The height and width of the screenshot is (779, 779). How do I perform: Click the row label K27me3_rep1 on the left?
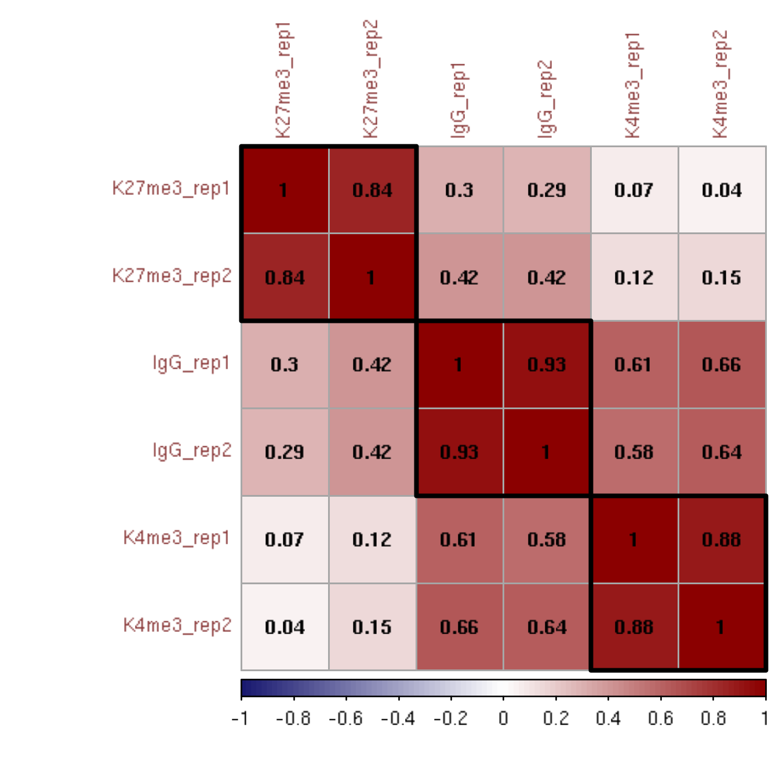pos(171,189)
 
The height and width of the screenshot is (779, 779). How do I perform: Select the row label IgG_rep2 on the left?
pos(192,451)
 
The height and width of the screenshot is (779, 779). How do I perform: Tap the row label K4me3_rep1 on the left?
pos(177,538)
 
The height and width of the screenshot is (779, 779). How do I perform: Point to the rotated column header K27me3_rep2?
pos(370,80)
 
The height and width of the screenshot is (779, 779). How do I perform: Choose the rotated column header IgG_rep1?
pos(458,101)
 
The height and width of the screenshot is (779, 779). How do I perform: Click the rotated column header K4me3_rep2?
pos(720,85)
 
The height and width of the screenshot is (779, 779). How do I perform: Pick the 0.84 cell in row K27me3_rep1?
pos(372,190)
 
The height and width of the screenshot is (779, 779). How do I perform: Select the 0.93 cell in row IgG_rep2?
pos(459,452)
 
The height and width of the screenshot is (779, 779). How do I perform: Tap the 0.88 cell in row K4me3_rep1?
pos(721,540)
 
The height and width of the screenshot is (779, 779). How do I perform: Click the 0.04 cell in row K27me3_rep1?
pos(721,190)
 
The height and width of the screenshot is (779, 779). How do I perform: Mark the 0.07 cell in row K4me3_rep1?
pos(285,540)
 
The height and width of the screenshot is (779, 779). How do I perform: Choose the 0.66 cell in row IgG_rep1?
pos(721,365)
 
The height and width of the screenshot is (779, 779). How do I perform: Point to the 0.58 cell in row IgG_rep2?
pos(634,452)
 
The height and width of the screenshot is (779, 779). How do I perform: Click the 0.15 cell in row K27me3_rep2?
pos(721,278)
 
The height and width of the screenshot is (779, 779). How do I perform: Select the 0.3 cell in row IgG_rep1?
pos(285,365)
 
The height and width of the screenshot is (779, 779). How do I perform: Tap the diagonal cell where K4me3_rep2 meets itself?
pos(721,627)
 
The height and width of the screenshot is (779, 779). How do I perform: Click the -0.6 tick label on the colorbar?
pos(345,719)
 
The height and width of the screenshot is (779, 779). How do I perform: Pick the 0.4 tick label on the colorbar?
pos(608,719)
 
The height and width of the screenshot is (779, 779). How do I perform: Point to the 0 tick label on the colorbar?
pos(503,719)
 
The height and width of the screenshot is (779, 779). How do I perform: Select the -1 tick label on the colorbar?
pos(241,719)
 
